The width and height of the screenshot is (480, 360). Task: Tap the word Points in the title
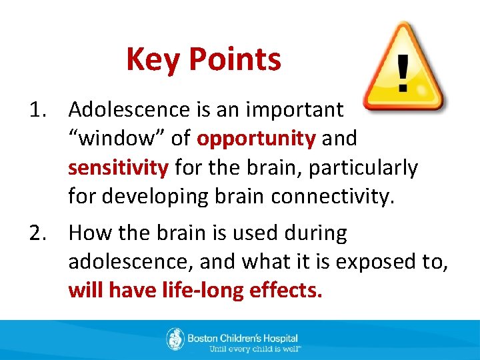(235, 60)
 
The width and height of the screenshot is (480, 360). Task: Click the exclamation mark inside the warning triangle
(403, 73)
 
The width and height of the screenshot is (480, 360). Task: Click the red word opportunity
(256, 139)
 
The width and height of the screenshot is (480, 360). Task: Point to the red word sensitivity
(118, 168)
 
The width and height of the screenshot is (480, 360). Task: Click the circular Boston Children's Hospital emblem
(175, 339)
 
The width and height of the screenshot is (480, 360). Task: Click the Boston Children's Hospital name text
(243, 337)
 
